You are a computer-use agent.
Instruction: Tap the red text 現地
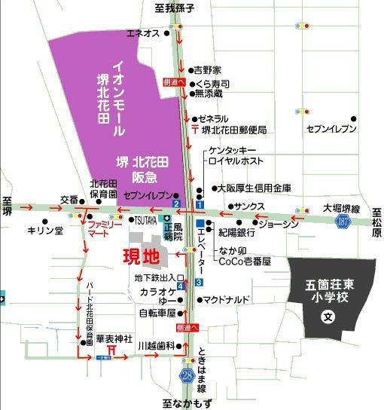click(x=142, y=255)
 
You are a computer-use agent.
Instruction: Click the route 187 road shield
click(x=343, y=221)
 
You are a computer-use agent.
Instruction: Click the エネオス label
click(x=143, y=33)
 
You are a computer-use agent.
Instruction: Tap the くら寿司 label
click(x=212, y=84)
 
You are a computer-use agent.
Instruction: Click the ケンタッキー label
click(x=233, y=151)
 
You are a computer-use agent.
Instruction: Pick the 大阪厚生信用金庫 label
click(x=253, y=188)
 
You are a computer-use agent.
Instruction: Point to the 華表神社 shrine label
click(x=114, y=339)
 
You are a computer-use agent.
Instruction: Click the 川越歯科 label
click(x=156, y=345)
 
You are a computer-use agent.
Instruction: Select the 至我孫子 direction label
click(x=177, y=8)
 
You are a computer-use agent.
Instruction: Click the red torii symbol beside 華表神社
click(x=112, y=350)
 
